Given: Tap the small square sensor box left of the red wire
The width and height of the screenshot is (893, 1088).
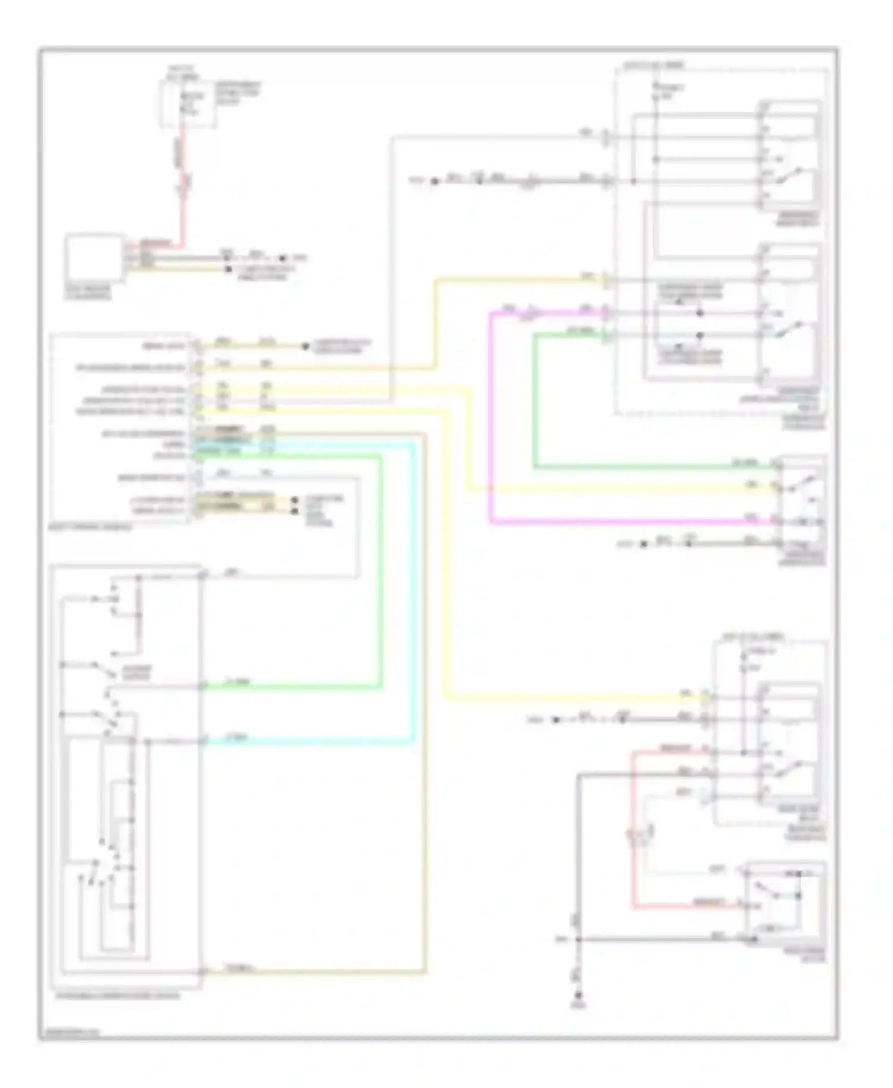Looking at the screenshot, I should tap(95, 258).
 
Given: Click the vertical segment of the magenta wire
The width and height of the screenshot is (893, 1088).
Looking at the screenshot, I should tap(491, 417).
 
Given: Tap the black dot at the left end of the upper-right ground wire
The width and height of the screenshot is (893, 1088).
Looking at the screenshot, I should tap(435, 180).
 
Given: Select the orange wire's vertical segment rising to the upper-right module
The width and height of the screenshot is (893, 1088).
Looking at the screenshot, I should tap(436, 321).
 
